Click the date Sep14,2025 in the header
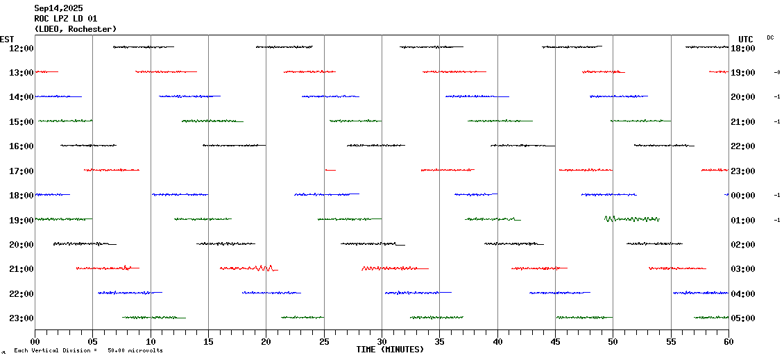(x=58, y=8)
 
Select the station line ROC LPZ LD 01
(x=66, y=19)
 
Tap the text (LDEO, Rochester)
(x=76, y=29)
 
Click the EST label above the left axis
(x=7, y=39)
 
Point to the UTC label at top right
(x=746, y=39)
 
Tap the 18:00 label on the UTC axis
(x=743, y=48)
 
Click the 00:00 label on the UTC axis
(x=743, y=196)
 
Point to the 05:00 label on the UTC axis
(x=743, y=318)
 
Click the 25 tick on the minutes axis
(x=324, y=342)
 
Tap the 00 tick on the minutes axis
(x=35, y=342)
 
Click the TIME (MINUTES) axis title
(x=390, y=350)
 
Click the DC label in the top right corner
(x=770, y=37)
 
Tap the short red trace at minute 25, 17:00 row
(x=330, y=170)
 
